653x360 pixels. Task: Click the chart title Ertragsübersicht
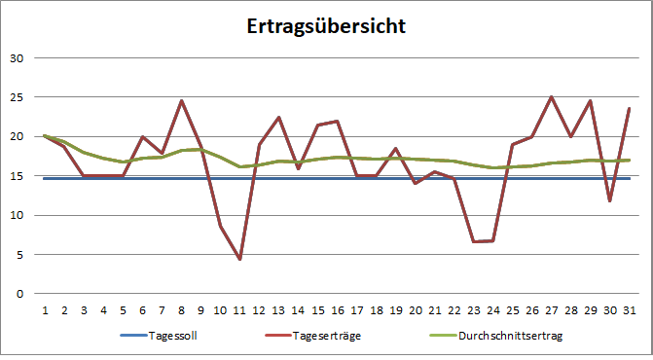pos(326,25)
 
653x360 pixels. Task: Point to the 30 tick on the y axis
pos(16,57)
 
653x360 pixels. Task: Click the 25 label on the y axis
pos(16,97)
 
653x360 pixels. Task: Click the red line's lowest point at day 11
pos(239,259)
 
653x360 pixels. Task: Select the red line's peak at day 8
pos(181,100)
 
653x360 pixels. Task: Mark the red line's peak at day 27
pos(552,97)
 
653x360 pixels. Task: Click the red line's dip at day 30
pos(610,200)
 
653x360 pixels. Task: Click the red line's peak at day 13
pos(278,117)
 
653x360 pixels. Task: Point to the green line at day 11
pos(239,166)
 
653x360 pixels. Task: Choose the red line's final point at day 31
pos(630,108)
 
